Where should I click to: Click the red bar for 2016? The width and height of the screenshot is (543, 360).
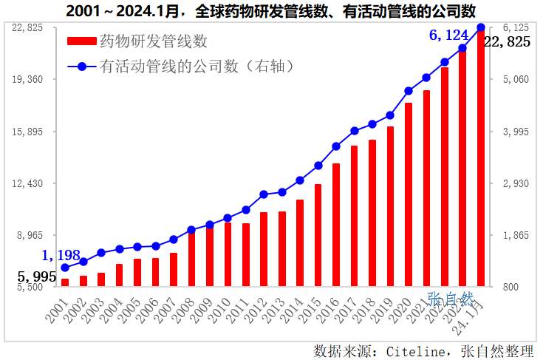pyautogui.click(x=336, y=225)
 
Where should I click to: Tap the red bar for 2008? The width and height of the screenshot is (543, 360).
pyautogui.click(x=191, y=259)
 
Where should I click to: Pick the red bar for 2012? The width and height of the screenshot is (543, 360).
pyautogui.click(x=264, y=249)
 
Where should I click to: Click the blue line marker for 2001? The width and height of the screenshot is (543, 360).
pyautogui.click(x=65, y=268)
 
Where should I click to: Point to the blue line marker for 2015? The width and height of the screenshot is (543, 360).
pyautogui.click(x=318, y=166)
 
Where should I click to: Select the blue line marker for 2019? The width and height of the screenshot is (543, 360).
pyautogui.click(x=390, y=115)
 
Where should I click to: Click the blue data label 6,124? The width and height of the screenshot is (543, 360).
pyautogui.click(x=449, y=35)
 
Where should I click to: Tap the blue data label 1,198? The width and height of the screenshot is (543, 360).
pyautogui.click(x=61, y=255)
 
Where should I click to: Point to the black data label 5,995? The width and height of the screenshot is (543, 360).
pyautogui.click(x=37, y=276)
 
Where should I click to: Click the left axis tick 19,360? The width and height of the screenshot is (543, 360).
pyautogui.click(x=30, y=79)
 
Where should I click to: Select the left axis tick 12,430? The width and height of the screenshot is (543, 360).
pyautogui.click(x=30, y=183)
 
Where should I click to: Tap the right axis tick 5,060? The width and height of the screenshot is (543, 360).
pyautogui.click(x=517, y=79)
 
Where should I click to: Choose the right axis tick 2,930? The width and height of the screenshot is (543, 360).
pyautogui.click(x=517, y=183)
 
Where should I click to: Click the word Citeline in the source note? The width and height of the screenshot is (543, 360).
pyautogui.click(x=419, y=350)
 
